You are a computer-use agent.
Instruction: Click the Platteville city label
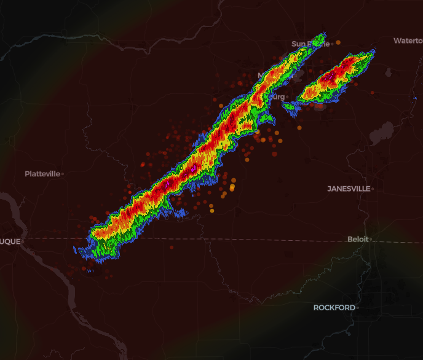pyautogui.click(x=42, y=174)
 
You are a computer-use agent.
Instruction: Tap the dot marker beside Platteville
pyautogui.click(x=62, y=174)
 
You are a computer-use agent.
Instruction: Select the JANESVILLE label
pyautogui.click(x=349, y=189)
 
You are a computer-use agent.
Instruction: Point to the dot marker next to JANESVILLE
pyautogui.click(x=373, y=189)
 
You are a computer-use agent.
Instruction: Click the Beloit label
pyautogui.click(x=358, y=239)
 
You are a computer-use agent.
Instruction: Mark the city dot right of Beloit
pyautogui.click(x=370, y=239)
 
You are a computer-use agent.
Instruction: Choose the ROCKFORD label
pyautogui.click(x=334, y=307)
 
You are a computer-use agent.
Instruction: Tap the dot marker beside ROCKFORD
pyautogui.click(x=357, y=307)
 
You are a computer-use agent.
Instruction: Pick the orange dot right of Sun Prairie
pyautogui.click(x=338, y=42)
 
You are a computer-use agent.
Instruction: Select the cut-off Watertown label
pyautogui.click(x=408, y=41)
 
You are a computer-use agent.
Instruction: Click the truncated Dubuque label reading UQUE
pyautogui.click(x=10, y=241)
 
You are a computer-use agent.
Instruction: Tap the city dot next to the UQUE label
pyautogui.click(x=23, y=241)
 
